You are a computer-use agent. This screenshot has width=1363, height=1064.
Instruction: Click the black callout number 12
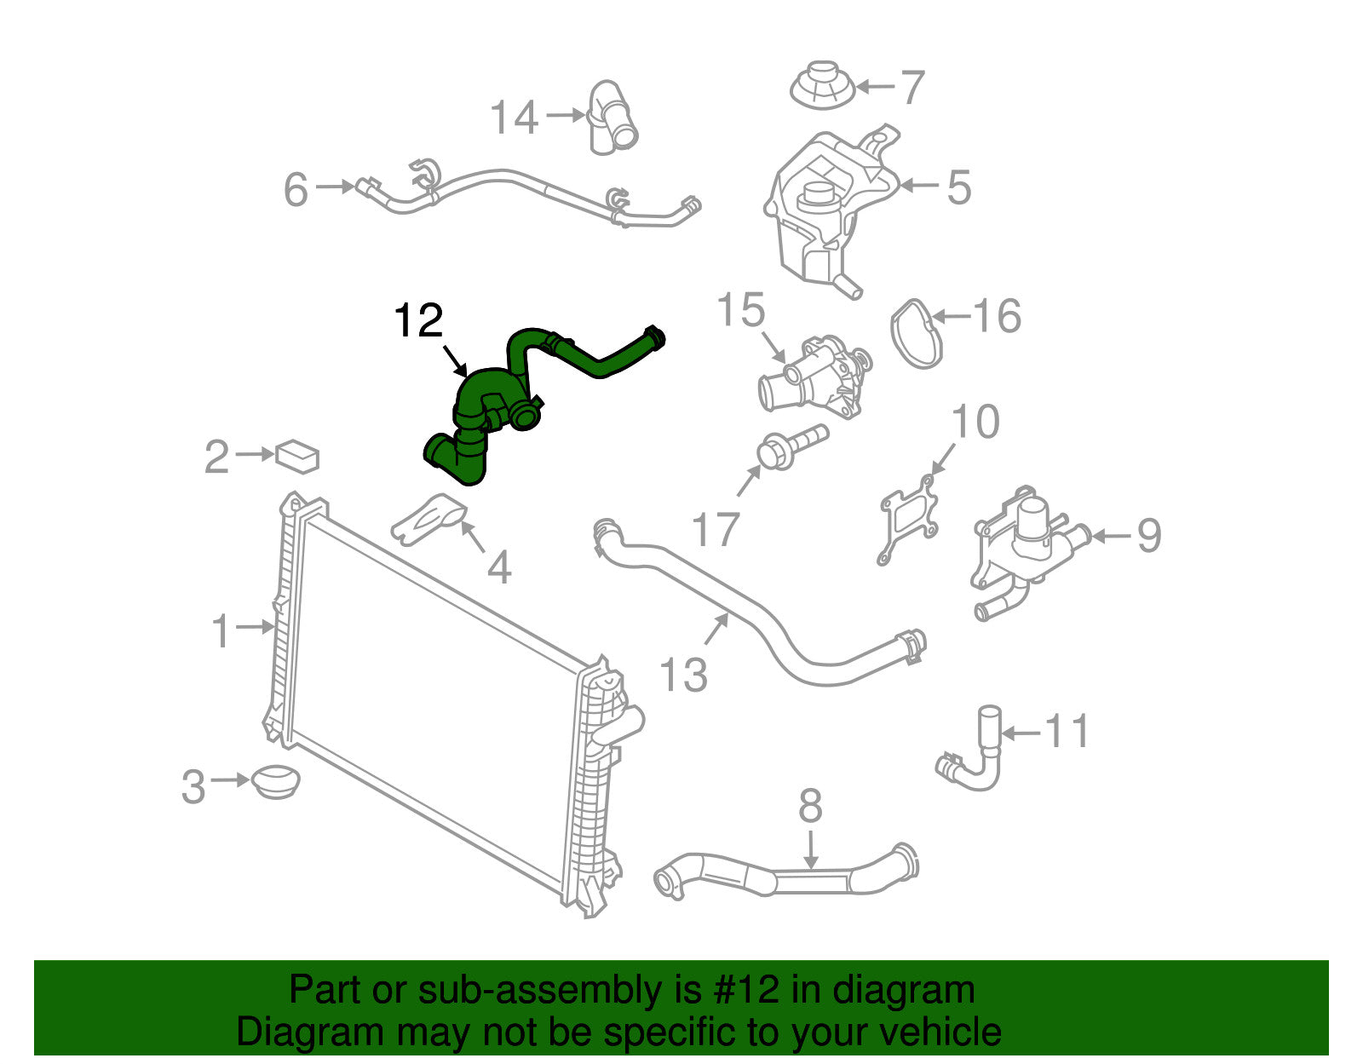418,322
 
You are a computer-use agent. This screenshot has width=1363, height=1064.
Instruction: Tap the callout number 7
912,88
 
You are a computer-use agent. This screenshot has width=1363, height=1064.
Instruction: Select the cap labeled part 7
823,85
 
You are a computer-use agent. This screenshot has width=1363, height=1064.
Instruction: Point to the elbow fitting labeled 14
612,119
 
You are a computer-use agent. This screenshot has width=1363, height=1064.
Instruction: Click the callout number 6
296,189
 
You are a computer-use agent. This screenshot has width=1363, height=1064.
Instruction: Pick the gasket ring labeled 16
917,333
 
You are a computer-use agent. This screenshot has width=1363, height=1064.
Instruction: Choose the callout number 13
684,675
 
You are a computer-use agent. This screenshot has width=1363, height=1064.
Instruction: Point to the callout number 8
810,805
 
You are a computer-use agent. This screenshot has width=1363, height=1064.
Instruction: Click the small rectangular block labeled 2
297,456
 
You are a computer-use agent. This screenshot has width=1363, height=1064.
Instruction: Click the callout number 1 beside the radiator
221,631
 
